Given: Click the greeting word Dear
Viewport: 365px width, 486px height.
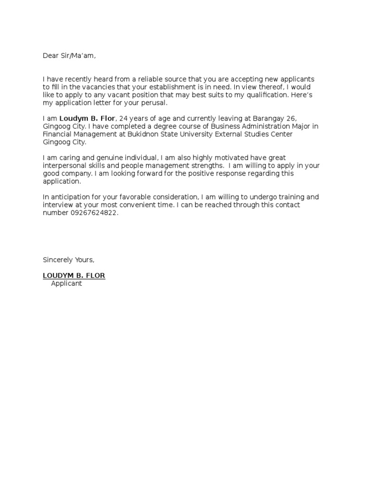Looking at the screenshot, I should pyautogui.click(x=50, y=56).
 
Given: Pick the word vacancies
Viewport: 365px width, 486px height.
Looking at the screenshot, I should pyautogui.click(x=105, y=87).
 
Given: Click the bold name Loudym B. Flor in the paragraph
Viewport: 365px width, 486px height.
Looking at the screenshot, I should pyautogui.click(x=87, y=119).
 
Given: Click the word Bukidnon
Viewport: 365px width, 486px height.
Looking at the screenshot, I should pyautogui.click(x=155, y=134).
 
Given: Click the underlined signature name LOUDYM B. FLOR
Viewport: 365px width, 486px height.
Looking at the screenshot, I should pyautogui.click(x=74, y=275).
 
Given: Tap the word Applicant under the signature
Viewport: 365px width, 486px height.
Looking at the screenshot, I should pyautogui.click(x=67, y=283).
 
